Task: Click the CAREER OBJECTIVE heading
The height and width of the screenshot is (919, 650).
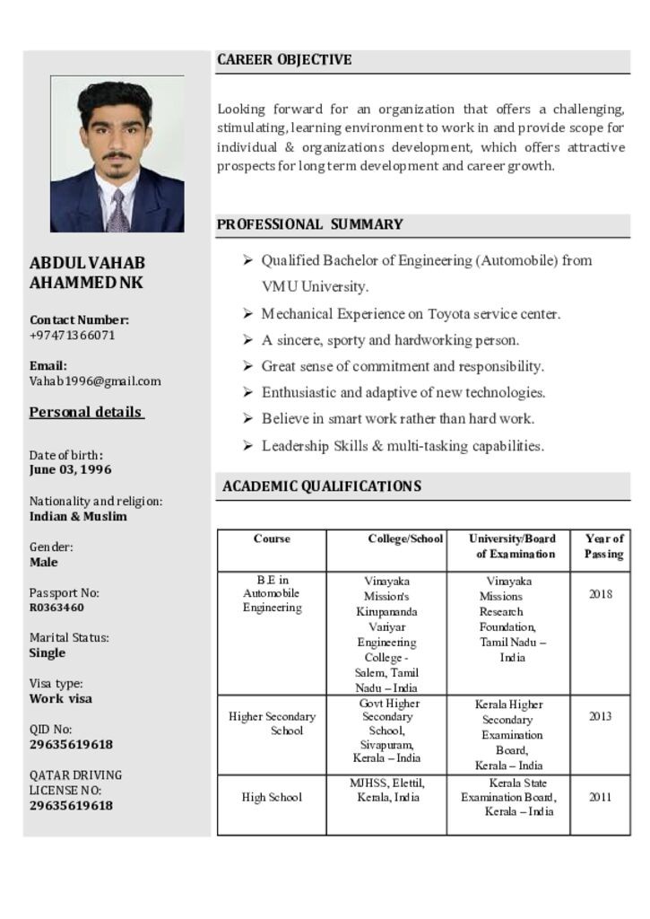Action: pos(284,60)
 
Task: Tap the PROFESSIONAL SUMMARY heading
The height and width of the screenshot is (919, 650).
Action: pos(309,224)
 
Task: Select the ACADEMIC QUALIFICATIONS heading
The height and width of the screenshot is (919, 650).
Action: pos(321,486)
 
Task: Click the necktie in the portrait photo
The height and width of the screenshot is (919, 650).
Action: pos(117,212)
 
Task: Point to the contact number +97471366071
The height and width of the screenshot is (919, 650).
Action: pos(73,336)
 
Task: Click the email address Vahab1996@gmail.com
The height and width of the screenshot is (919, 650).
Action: pos(95,381)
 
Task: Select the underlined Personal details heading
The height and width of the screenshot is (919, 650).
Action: pos(86,413)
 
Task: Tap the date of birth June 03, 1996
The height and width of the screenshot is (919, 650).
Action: pos(71,470)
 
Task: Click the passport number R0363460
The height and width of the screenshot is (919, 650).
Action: pos(56,608)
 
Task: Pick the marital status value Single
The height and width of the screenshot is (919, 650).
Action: pos(48,653)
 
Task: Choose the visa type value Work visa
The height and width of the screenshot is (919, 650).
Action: pos(61,699)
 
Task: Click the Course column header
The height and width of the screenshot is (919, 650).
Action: pos(272,539)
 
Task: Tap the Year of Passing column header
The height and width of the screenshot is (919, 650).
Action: pos(604,547)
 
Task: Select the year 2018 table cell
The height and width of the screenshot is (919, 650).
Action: pos(601,594)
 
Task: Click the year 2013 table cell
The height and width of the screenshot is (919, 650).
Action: pos(601,717)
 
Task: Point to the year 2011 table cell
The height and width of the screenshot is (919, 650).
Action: pos(601,797)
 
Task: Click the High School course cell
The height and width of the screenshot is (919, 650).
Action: pos(272,798)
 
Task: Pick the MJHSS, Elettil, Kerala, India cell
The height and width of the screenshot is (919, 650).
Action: pos(387,790)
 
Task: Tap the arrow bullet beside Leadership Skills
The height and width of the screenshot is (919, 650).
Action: pos(247,445)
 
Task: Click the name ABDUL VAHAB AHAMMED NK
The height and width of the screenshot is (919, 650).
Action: pos(87,273)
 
